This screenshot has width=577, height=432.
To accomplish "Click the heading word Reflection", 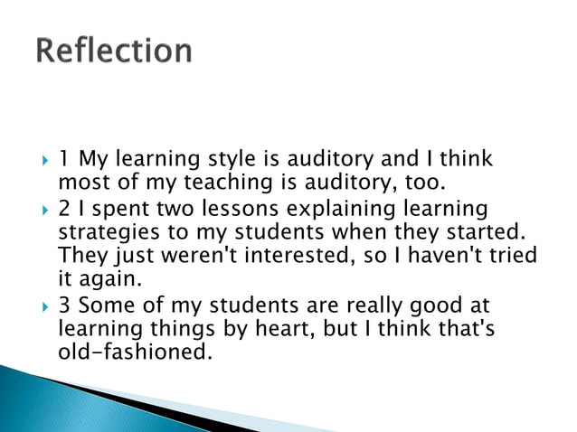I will [x=115, y=51].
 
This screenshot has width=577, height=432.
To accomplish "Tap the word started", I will [x=486, y=233].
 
